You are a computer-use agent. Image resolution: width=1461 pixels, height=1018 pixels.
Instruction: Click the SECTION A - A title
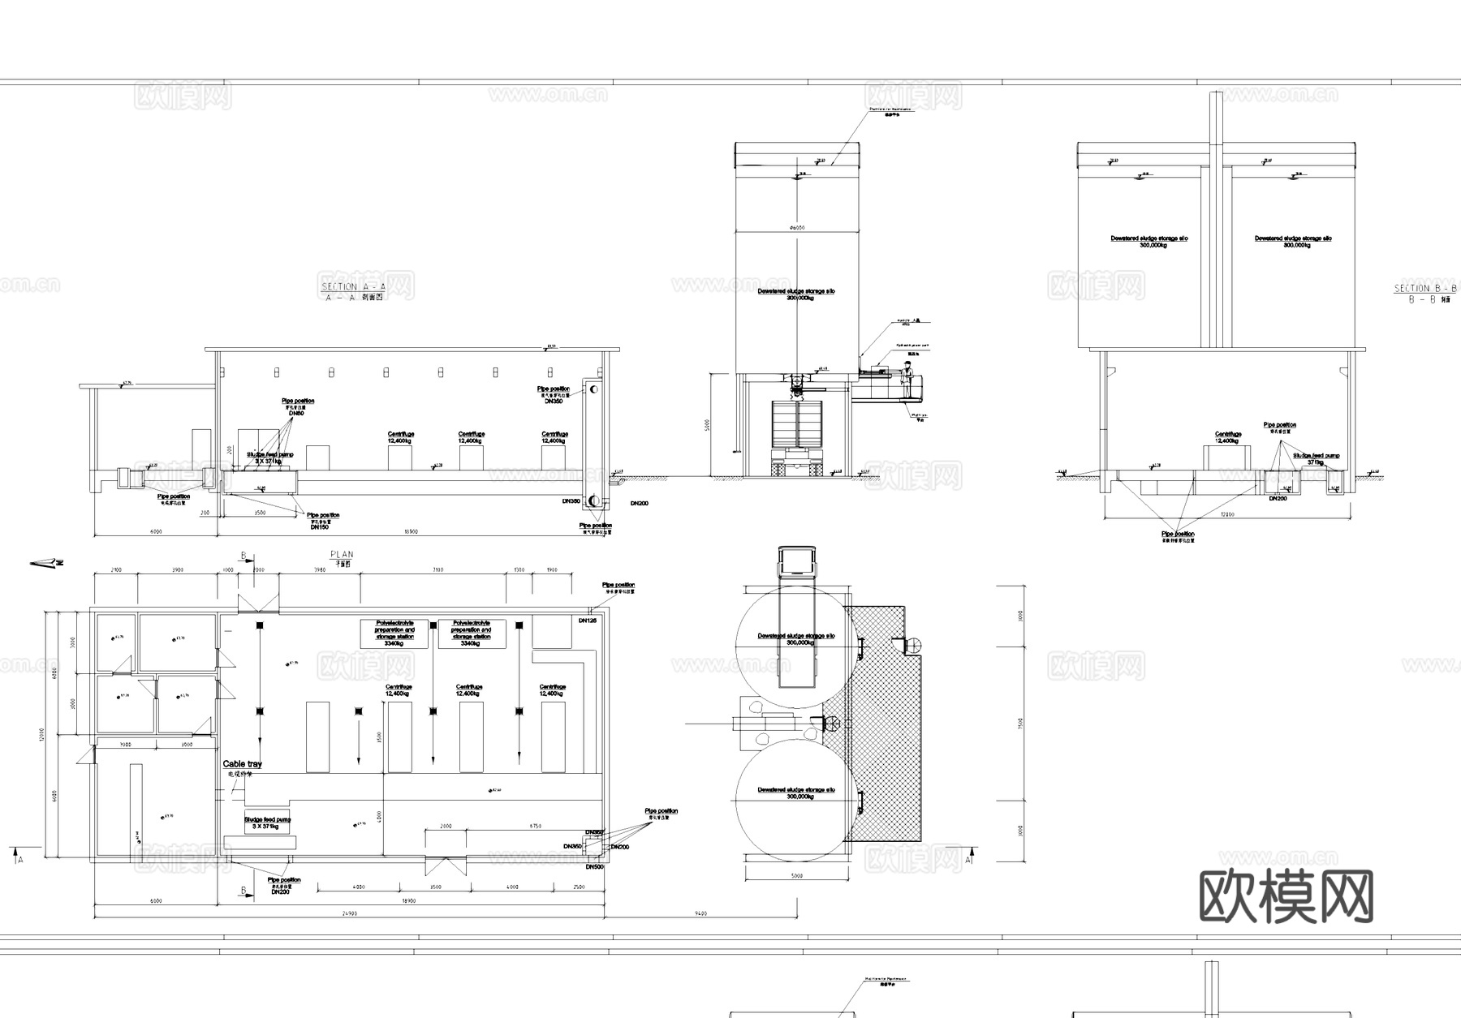(x=353, y=287)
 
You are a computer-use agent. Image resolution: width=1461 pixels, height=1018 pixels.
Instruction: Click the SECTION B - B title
(x=1425, y=289)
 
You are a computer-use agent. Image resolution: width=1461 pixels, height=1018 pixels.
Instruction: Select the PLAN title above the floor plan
(x=342, y=555)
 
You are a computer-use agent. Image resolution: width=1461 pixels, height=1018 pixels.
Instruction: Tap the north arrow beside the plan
(x=47, y=562)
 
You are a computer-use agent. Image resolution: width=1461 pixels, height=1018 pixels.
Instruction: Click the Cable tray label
(x=243, y=764)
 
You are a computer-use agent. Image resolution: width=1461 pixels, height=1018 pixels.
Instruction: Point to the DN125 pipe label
(x=587, y=621)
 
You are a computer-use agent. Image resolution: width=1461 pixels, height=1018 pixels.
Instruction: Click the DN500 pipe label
(x=595, y=867)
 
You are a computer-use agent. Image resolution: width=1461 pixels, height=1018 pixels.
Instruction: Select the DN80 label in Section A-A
(x=297, y=414)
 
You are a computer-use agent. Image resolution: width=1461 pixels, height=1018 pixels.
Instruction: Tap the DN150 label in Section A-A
(x=319, y=527)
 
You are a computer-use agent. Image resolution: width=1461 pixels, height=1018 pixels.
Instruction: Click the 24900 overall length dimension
(x=350, y=914)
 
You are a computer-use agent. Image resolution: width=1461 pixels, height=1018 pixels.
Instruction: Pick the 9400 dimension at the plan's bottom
(x=701, y=914)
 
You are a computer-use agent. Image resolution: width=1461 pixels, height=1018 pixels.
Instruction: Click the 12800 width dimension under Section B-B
(x=1227, y=514)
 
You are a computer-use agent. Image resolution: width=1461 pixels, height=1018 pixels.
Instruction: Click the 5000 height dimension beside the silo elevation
(x=706, y=424)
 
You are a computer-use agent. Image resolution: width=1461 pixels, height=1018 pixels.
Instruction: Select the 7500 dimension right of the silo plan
(x=1020, y=723)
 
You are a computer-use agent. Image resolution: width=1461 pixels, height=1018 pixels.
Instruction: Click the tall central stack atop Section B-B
(x=1215, y=219)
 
